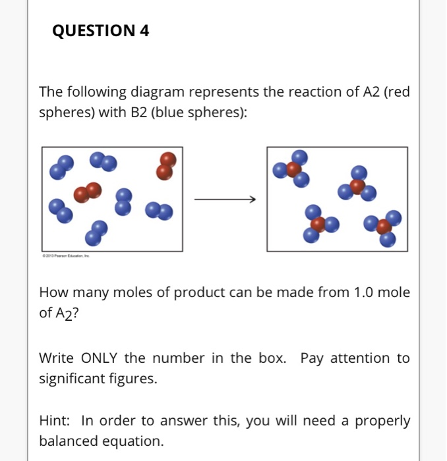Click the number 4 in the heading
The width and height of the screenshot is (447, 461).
[x=144, y=30]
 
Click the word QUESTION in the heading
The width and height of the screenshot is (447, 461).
[x=92, y=30]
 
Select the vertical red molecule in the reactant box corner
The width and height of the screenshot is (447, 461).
[x=167, y=165]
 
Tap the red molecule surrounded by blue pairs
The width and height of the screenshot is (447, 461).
[x=88, y=192]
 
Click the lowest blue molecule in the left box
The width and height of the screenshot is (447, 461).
[x=96, y=232]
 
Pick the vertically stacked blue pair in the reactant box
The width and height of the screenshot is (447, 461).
[x=123, y=201]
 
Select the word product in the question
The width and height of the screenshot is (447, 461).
[x=196, y=292]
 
